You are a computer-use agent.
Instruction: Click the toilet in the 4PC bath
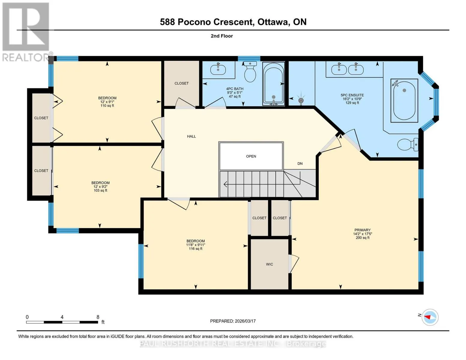[x=250, y=72]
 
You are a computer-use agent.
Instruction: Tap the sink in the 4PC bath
[x=218, y=69]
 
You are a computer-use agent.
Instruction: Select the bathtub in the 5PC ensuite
[x=404, y=100]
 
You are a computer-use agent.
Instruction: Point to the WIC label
[x=269, y=264]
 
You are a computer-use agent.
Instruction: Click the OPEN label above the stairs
[x=251, y=156]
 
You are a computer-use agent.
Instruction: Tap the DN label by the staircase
[x=300, y=163]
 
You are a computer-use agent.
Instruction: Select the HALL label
[x=191, y=136]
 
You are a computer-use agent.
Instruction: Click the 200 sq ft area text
[x=363, y=238]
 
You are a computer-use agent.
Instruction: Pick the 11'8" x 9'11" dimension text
[x=196, y=245]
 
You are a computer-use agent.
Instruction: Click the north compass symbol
[x=430, y=317]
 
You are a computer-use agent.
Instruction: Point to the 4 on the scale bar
[x=62, y=317]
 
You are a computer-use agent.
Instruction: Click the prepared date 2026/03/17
[x=245, y=321]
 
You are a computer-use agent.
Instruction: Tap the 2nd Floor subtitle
[x=222, y=36]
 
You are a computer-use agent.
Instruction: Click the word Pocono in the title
[x=194, y=22]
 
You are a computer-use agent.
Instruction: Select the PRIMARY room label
[x=362, y=230]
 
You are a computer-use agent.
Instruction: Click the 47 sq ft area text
[x=235, y=97]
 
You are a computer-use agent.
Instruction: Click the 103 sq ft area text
[x=100, y=190]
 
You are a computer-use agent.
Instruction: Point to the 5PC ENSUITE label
[x=352, y=95]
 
